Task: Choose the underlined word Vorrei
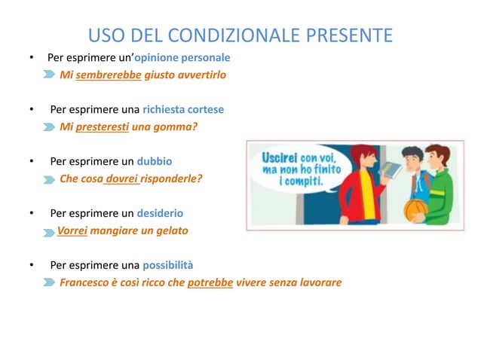73,230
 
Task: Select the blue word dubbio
154,161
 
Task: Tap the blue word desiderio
160,213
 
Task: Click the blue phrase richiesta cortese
183,109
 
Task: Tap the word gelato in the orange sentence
171,230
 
